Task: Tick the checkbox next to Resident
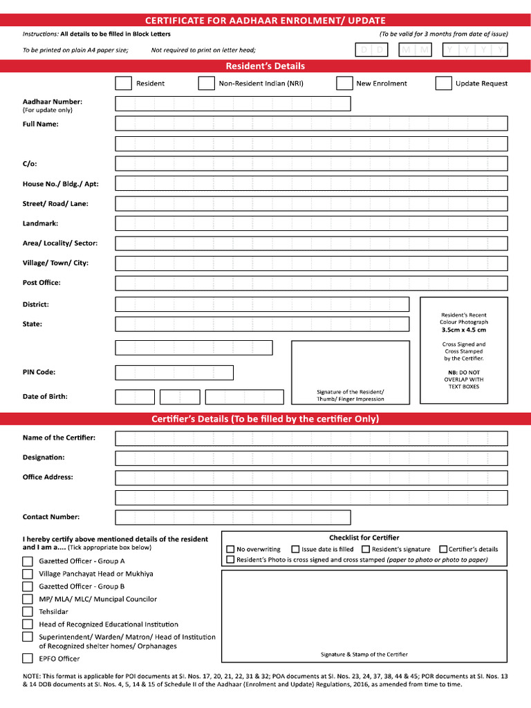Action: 123,84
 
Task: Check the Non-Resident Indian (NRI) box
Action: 206,84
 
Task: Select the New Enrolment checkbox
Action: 344,84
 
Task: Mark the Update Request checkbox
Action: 443,84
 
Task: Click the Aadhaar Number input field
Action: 233,104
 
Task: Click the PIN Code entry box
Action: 174,373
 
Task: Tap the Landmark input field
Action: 311,223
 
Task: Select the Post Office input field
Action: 311,283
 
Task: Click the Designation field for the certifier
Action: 311,458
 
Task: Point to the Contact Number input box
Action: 233,517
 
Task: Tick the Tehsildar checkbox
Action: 28,612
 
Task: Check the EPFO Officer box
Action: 28,659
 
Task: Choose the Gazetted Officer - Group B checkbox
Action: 28,586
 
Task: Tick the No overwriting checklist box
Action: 230,550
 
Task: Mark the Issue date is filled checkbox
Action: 296,550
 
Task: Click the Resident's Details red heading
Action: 265,66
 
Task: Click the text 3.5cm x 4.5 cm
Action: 464,330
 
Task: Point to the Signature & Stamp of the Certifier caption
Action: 364,654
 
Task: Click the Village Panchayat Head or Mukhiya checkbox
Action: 28,574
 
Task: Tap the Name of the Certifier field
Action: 311,438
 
